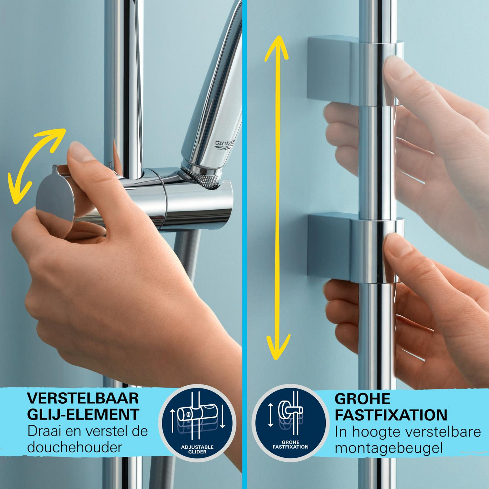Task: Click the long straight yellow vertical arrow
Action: [x=277, y=198]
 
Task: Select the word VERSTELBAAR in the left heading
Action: [x=83, y=399]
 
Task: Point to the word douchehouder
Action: [x=75, y=447]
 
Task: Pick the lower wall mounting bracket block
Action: [x=329, y=247]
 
